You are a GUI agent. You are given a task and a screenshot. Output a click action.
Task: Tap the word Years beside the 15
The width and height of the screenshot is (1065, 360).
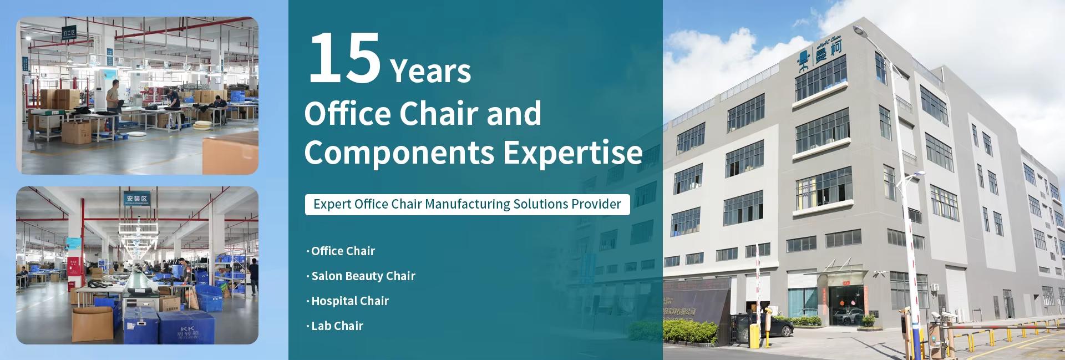coord(430,71)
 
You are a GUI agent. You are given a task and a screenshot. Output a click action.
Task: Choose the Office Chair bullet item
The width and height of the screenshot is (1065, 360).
coord(343,251)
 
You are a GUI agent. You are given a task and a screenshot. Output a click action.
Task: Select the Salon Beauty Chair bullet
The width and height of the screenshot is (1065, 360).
coord(363,276)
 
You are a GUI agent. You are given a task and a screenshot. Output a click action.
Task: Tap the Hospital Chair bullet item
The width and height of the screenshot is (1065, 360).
coord(349,301)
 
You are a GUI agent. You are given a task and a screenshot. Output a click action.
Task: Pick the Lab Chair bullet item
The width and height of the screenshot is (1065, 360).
coord(337,326)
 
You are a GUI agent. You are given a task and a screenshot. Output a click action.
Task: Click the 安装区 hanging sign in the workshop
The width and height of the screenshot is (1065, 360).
coord(136,199)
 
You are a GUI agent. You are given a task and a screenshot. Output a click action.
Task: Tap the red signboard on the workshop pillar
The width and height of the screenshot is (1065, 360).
coord(73,263)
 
